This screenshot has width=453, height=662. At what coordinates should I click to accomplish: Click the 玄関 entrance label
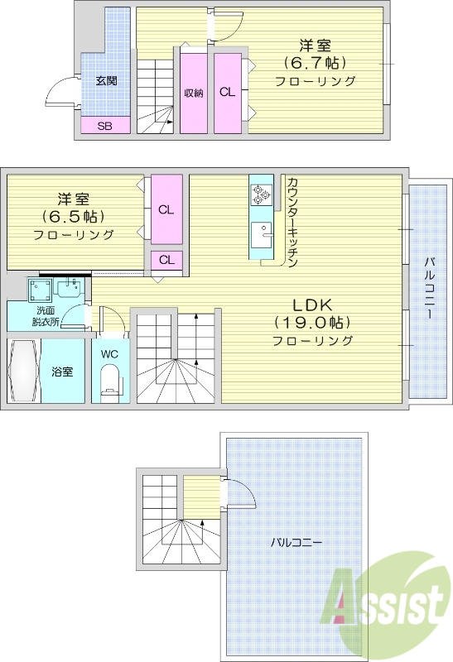pyautogui.click(x=106, y=81)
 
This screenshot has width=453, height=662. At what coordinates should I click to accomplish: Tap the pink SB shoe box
pyautogui.click(x=105, y=126)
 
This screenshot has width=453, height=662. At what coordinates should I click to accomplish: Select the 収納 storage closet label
pyautogui.click(x=194, y=93)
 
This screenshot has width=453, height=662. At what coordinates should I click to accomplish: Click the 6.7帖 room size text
pyautogui.click(x=315, y=62)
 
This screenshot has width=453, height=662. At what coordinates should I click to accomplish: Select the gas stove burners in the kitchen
pyautogui.click(x=262, y=195)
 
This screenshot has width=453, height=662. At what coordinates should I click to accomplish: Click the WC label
pyautogui.click(x=109, y=354)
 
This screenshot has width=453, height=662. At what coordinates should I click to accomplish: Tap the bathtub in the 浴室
pyautogui.click(x=22, y=371)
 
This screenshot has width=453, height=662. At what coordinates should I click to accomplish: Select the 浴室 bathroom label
pyautogui.click(x=62, y=372)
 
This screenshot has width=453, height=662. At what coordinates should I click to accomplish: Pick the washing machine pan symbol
pyautogui.click(x=38, y=290)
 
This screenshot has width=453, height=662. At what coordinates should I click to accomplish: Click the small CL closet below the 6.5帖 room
pyautogui.click(x=166, y=260)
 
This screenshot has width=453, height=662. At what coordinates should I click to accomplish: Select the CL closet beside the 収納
pyautogui.click(x=226, y=93)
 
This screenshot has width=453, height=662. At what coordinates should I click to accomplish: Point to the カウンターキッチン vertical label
pyautogui.click(x=293, y=222)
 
